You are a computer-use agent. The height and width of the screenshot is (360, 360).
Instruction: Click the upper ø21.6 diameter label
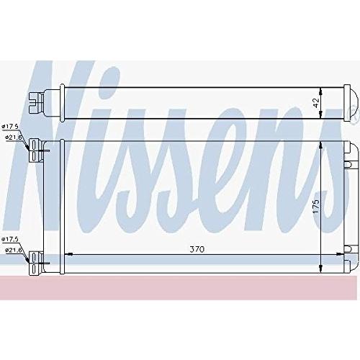click(14, 136)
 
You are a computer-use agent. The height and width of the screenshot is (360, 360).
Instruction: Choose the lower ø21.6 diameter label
click(14, 249)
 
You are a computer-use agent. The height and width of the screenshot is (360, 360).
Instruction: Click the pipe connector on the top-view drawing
click(35, 103)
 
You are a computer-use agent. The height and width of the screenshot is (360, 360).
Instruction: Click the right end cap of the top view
click(352, 102)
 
